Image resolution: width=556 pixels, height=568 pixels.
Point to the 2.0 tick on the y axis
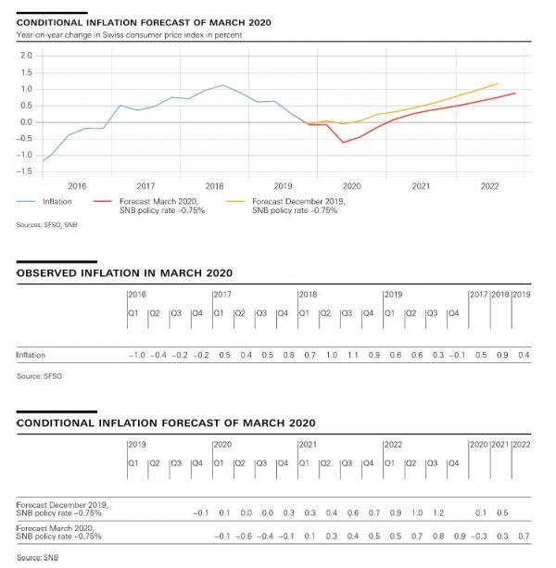pos(25,56)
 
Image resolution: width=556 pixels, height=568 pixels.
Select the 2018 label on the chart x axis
pos(214,186)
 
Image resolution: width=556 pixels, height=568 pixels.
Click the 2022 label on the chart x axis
pos(490,186)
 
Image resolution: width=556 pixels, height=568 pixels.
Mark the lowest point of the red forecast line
pos(344,142)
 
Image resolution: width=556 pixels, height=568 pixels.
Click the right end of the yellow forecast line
pos(499,83)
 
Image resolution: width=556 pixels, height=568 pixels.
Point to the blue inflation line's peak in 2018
pos(222,85)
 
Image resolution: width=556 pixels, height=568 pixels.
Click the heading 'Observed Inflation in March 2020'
pos(124,272)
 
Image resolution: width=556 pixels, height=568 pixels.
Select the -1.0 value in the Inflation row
pos(135,355)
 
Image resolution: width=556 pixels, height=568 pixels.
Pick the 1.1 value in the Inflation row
pos(352,355)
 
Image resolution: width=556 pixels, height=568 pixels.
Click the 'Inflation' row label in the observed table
pos(31,355)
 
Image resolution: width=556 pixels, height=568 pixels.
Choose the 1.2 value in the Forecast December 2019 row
pos(438,512)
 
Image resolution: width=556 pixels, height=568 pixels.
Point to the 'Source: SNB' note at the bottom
pos(36,558)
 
